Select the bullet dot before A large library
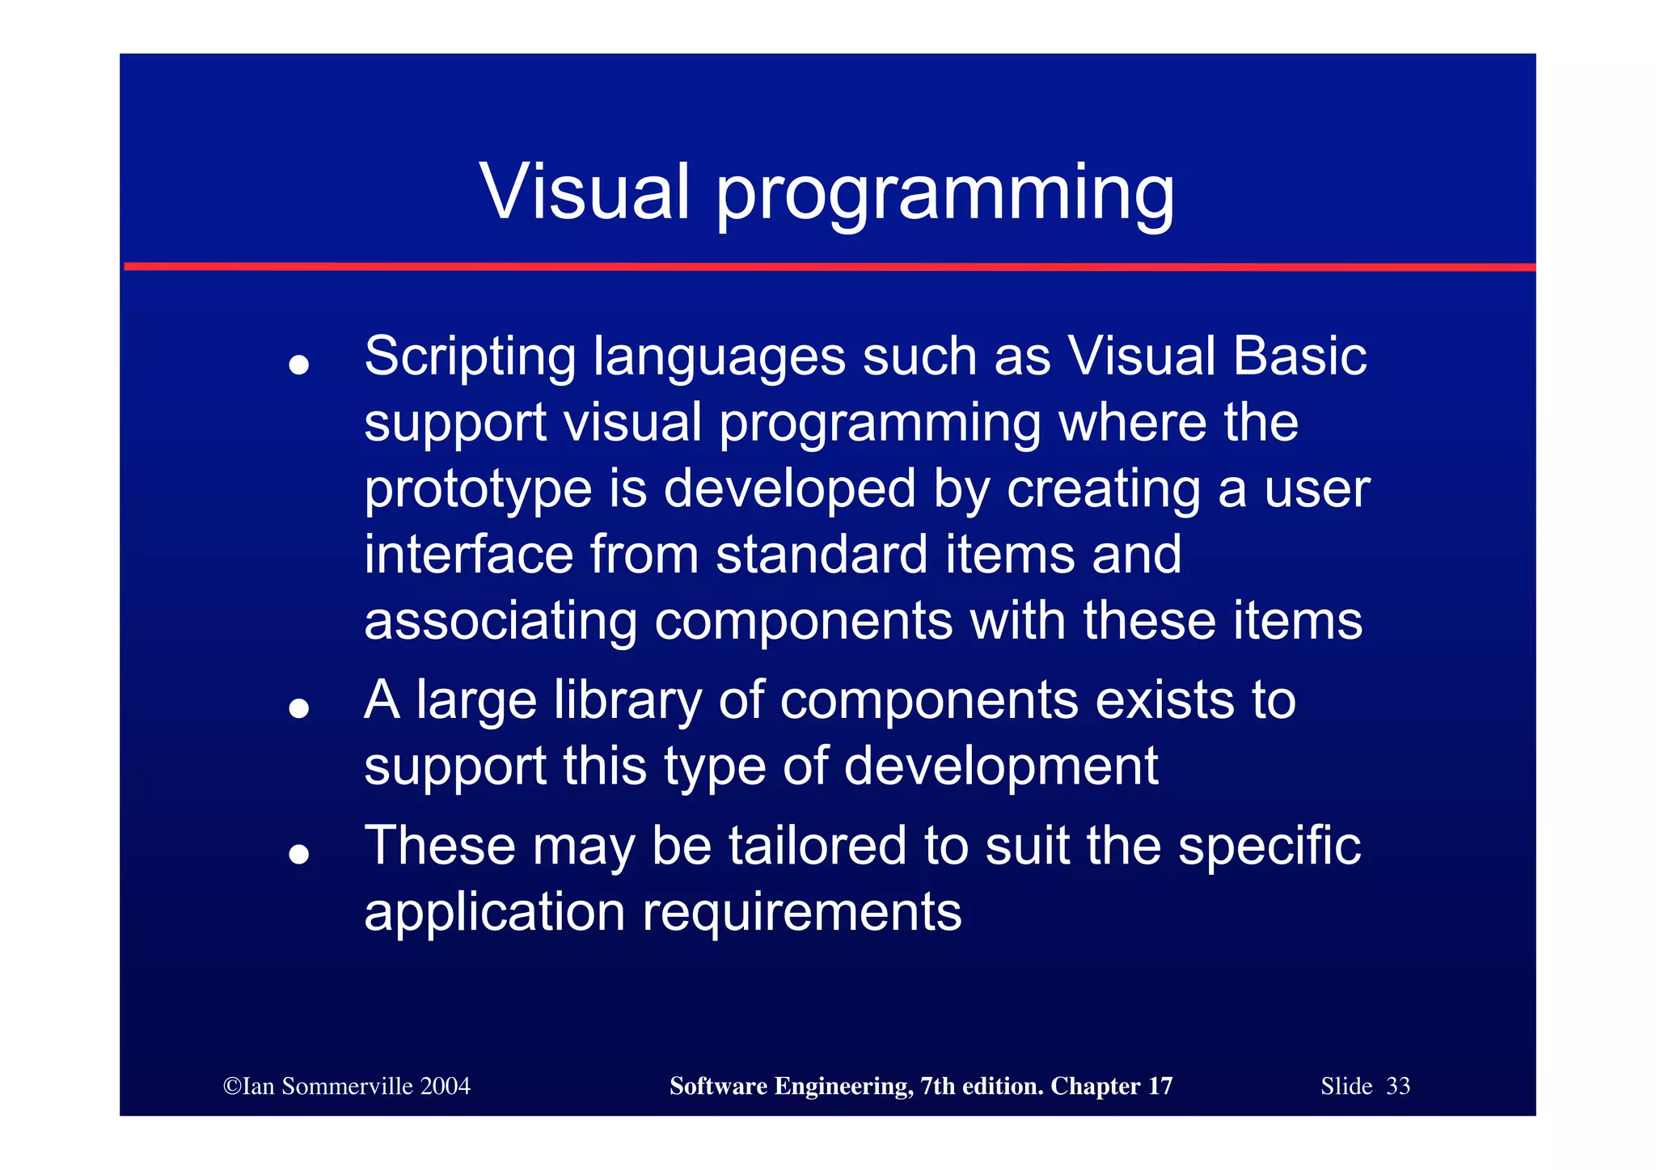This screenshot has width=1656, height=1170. click(299, 708)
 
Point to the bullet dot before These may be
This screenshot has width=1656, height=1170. click(299, 854)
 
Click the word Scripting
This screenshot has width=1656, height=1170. click(469, 357)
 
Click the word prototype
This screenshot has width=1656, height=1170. click(477, 490)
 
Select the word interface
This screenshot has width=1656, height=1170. click(468, 555)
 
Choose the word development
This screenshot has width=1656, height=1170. click(1001, 766)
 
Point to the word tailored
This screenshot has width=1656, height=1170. click(817, 846)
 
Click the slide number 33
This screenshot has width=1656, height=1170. click(1398, 1086)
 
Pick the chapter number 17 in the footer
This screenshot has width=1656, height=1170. click(1160, 1086)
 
